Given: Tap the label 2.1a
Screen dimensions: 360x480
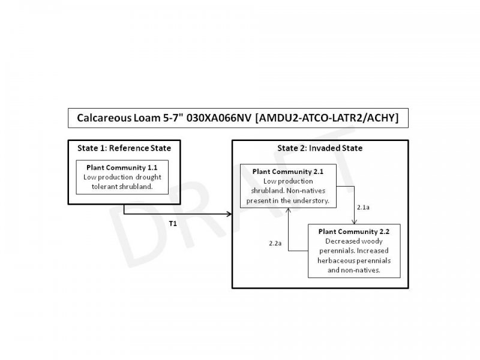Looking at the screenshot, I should coord(362,206).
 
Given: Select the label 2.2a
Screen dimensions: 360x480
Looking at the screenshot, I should coord(275,243).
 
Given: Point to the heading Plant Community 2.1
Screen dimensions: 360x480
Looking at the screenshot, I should coord(288,171).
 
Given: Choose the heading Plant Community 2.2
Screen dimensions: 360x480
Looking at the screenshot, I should coord(354,232).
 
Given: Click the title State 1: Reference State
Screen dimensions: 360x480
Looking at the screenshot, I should coord(124,148).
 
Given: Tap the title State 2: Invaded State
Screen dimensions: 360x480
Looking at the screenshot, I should coord(320,148).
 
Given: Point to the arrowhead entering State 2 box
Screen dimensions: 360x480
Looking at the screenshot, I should coord(229,214).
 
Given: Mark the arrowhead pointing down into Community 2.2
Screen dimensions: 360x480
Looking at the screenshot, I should coord(355,223).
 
